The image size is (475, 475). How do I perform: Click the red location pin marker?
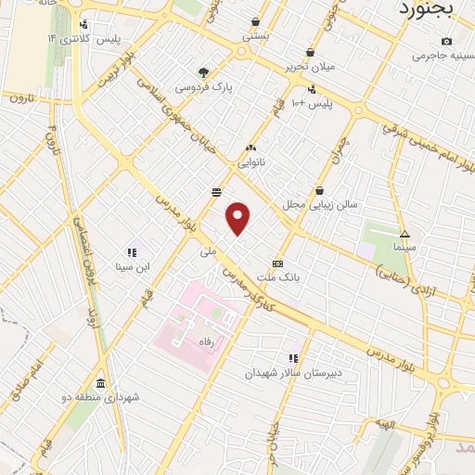238,219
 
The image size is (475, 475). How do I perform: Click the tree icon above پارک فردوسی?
204,72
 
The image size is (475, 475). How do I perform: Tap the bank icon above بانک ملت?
276,263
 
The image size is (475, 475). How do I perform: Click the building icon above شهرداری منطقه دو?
100,383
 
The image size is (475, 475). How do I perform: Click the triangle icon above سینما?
404,233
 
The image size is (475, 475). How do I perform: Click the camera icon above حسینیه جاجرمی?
447,41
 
